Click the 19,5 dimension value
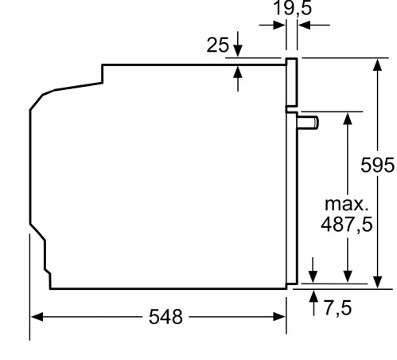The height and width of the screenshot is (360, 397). click(293, 9)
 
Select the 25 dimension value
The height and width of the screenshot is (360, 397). click(217, 45)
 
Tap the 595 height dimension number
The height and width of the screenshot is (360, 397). click(377, 165)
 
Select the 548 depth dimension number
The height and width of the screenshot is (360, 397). click(165, 317)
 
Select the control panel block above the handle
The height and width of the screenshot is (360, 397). click(292, 84)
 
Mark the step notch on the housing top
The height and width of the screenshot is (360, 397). click(103, 73)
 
